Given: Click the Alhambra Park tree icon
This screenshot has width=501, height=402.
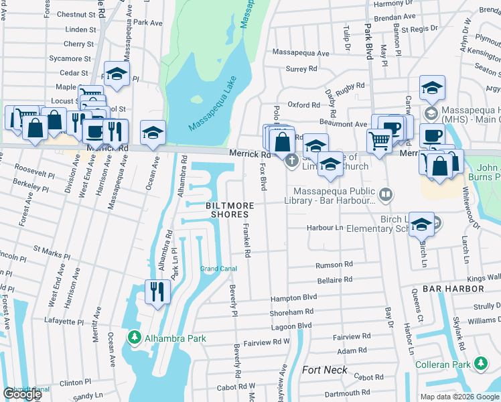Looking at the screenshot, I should coord(135,338).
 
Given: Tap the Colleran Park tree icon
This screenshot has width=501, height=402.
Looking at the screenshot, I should coord(480,364).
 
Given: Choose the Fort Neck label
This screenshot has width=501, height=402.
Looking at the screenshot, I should coord(325,370).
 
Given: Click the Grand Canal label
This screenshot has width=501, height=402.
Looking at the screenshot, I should coord(218,269).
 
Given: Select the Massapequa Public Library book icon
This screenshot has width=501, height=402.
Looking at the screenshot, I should coord(385,196).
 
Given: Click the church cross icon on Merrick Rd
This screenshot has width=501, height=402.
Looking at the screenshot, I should coord(291,161).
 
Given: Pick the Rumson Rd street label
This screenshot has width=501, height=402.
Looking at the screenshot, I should coord(338,265).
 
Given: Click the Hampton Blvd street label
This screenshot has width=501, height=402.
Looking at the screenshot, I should coord(293,297).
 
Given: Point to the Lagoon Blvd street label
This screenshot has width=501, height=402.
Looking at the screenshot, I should coord(291,326).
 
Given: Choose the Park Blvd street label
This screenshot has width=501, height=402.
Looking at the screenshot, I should coord(368,41).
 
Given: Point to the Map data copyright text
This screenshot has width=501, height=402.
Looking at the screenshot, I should coord(459,397).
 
